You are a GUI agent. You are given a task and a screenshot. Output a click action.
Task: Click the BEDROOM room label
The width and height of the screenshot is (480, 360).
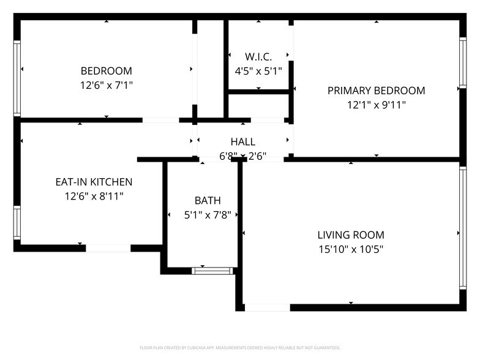[x=107, y=70]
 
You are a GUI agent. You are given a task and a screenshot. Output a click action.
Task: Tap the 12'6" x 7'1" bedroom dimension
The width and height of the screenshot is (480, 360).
[x=107, y=85]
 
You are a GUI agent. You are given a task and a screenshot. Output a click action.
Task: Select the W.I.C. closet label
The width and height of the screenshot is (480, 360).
[x=258, y=57]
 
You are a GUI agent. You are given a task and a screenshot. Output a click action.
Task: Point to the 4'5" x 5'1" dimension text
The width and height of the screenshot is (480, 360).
[x=258, y=71]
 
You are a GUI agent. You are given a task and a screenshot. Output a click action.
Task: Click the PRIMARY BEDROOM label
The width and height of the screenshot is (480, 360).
[x=376, y=91]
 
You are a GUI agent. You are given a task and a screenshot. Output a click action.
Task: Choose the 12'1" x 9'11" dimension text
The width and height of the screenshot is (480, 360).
[x=376, y=105]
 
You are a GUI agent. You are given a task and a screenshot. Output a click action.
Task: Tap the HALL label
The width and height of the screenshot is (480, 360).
[x=243, y=142]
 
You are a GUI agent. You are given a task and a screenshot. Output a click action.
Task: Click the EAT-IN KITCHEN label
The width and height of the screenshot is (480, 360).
[x=94, y=182]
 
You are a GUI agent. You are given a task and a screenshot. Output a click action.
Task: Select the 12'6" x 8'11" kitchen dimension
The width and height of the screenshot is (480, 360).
[x=94, y=197]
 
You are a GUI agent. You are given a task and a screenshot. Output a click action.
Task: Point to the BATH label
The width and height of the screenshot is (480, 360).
[x=208, y=200]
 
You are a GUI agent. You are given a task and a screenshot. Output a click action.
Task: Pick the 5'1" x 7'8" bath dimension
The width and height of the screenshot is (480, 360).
[x=208, y=215]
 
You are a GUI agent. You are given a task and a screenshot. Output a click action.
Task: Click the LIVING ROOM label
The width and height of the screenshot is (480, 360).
[x=351, y=234]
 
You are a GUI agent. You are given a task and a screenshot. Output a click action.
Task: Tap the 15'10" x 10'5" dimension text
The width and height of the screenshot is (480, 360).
[x=351, y=249]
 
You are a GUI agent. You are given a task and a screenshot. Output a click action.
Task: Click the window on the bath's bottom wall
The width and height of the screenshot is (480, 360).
[x=212, y=270]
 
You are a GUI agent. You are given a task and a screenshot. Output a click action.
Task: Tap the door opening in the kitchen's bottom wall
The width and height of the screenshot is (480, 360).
[x=108, y=248]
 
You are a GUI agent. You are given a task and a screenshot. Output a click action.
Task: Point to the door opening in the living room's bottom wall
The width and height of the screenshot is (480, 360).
[x=267, y=307]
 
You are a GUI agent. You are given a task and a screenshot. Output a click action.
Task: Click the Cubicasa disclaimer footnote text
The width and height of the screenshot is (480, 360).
[x=239, y=347]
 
